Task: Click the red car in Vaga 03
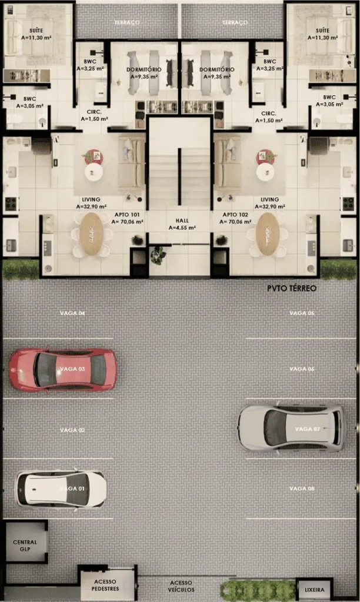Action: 62,370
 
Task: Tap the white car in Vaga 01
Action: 61,489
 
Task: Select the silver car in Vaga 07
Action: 291,428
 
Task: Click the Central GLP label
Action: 25,546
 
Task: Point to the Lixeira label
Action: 314,589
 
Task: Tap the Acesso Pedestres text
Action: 105,585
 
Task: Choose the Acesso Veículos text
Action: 181,586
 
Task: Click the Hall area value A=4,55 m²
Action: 182,228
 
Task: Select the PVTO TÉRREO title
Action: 292,288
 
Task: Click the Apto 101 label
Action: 127,215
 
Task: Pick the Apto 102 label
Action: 235,215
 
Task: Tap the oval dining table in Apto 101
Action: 91,234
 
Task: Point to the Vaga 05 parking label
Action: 302,313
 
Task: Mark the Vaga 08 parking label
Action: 302,489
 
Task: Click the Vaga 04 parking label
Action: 72,313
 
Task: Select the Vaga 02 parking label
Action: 72,430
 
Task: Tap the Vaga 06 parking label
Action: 302,369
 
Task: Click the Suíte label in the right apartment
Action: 322,31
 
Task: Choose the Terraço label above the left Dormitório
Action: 127,23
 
